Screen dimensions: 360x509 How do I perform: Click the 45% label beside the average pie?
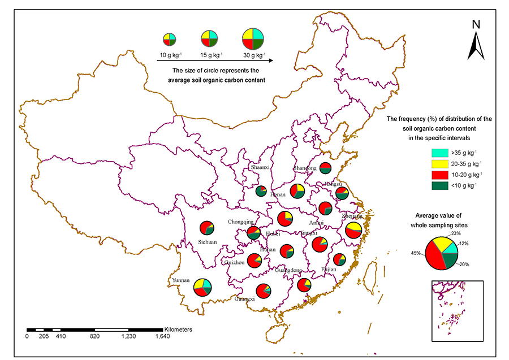[x=417, y=253]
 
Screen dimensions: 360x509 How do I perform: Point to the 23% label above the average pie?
[x=456, y=233]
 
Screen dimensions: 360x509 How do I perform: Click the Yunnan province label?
[x=180, y=280]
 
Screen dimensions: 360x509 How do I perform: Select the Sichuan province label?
[x=208, y=242]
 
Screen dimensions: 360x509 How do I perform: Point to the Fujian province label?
[x=328, y=270]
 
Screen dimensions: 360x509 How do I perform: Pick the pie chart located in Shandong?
[x=325, y=168]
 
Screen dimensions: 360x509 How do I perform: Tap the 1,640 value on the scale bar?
[x=162, y=336]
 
